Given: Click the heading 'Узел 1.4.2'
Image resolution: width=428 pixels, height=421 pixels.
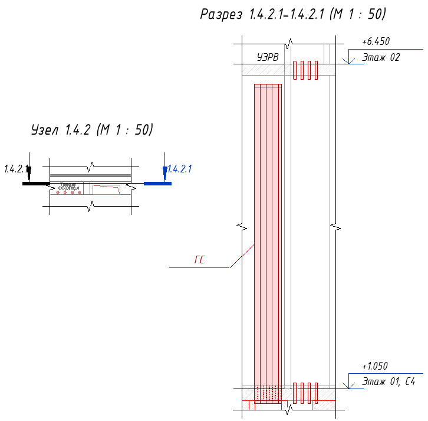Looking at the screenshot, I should click(60, 130).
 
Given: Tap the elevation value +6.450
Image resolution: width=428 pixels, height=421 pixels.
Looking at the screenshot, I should click(376, 42).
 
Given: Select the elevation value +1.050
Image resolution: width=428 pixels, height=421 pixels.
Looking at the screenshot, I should click(375, 366).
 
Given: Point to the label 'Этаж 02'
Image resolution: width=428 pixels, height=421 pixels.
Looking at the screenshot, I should click(381, 57).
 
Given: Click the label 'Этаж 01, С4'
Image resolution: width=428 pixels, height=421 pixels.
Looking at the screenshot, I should click(389, 381).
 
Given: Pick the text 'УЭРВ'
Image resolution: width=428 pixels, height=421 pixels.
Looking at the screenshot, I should click(268, 57).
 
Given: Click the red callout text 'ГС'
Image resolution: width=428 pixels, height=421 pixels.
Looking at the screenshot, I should click(199, 260).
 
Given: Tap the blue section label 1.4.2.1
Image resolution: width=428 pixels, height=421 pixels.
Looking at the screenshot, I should click(180, 169).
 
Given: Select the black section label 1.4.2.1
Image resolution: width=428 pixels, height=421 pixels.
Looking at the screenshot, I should click(16, 169).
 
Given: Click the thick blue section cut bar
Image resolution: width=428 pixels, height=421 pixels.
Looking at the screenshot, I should click(157, 184).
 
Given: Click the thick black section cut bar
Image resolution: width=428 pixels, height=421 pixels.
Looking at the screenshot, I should click(36, 184).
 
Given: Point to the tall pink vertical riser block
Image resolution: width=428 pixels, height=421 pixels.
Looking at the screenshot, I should click(268, 236).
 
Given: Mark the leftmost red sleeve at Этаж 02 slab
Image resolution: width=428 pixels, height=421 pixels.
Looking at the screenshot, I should click(295, 70).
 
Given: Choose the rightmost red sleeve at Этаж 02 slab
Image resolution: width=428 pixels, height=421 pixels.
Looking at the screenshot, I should click(317, 70).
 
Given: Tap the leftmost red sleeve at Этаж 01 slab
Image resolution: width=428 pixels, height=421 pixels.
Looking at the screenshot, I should click(295, 393).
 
